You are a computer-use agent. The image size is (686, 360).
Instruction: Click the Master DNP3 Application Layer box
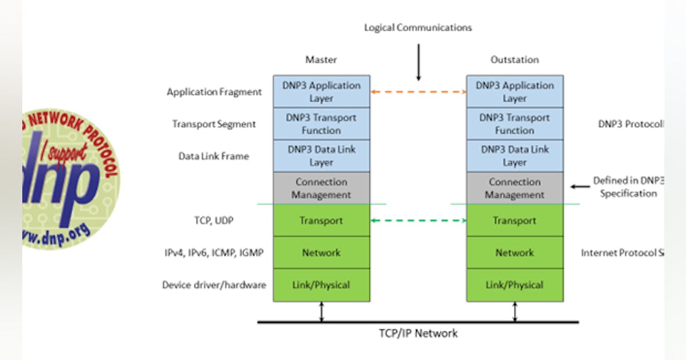pos(321,91)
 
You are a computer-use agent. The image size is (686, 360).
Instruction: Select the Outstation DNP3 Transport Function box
pos(514,124)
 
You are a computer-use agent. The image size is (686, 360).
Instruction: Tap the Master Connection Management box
pos(321,188)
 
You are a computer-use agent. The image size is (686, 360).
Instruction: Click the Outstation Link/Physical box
pos(514,285)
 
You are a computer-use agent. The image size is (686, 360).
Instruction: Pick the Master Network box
pos(321,253)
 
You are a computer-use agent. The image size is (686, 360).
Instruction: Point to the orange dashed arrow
pos(418,91)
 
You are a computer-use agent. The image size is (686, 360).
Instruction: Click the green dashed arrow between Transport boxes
pos(418,221)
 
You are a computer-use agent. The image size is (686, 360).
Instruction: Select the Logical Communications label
pos(418,27)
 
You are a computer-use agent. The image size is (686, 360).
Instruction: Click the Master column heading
pos(321,59)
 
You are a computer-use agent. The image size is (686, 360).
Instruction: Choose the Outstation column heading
pos(514,59)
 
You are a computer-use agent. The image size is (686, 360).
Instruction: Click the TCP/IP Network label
pos(418,333)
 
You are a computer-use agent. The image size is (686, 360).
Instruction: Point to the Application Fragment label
pos(214,91)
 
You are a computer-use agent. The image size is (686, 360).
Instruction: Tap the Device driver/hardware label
pos(214,285)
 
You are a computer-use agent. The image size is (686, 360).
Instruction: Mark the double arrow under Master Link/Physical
pos(321,311)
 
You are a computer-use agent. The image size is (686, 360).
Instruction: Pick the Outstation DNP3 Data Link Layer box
pos(514,155)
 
